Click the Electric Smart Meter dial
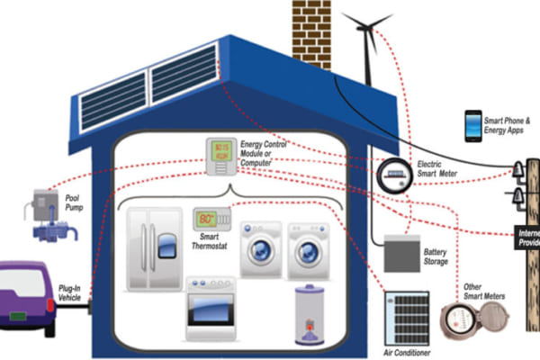(392, 174)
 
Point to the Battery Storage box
(402, 253)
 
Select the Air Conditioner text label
(406, 352)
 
